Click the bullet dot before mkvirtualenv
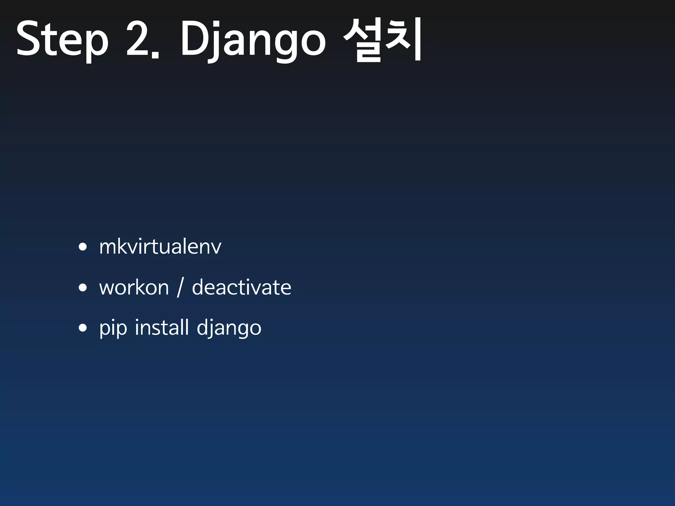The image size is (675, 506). [83, 247]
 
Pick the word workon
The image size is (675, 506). [134, 287]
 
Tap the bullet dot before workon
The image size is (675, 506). [83, 287]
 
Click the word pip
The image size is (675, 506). [113, 328]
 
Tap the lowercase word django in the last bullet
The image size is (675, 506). [229, 328]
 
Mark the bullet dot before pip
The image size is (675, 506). [83, 328]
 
